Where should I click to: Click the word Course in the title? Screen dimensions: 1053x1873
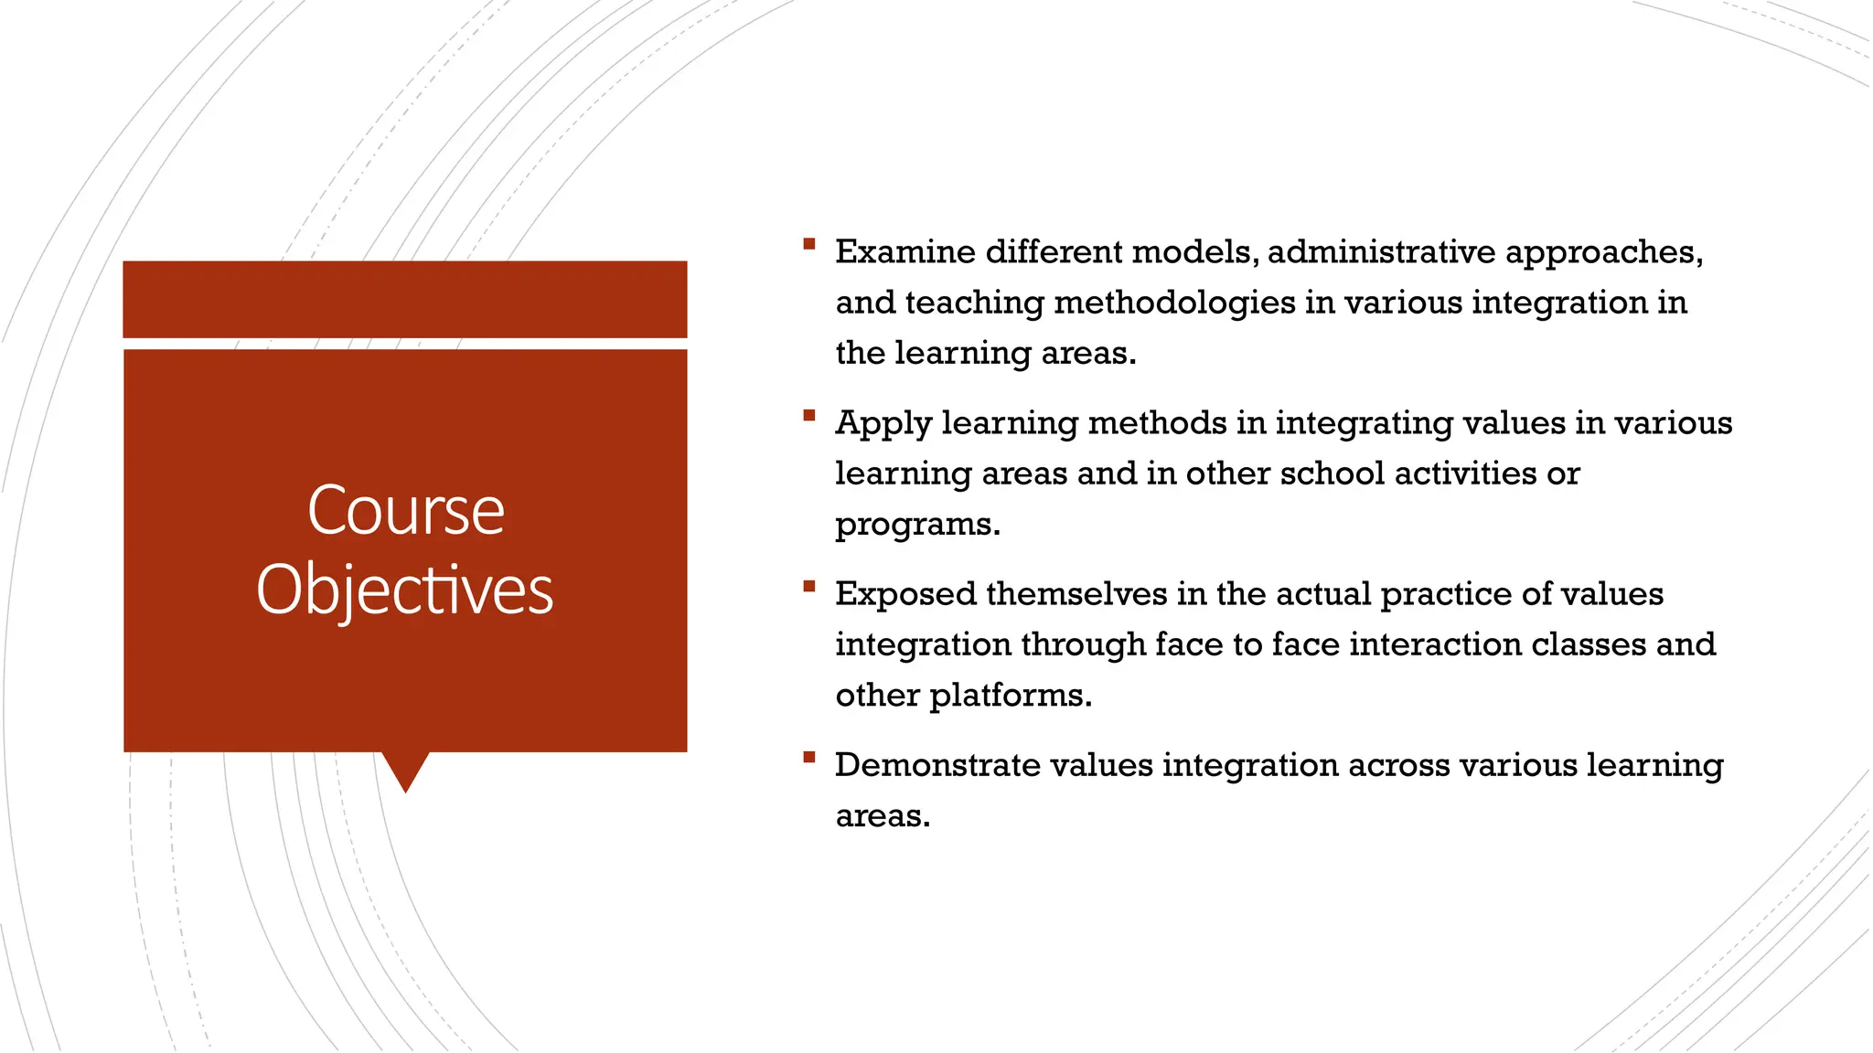click(405, 510)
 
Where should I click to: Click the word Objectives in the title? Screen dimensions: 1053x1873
click(405, 590)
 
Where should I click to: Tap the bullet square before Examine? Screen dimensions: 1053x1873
click(808, 244)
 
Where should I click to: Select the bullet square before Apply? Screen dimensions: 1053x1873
click(808, 415)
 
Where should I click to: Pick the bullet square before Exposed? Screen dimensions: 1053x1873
click(808, 586)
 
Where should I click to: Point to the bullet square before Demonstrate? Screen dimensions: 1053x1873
click(808, 757)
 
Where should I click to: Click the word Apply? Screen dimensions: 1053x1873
click(883, 424)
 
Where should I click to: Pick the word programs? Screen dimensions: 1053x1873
click(916, 526)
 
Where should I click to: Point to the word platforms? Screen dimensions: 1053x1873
click(1010, 697)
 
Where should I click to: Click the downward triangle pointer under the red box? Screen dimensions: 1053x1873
click(405, 770)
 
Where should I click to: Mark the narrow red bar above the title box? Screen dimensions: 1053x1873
click(405, 299)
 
